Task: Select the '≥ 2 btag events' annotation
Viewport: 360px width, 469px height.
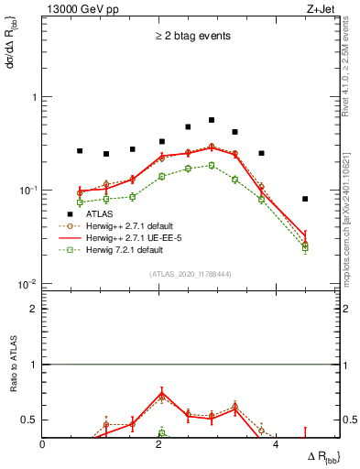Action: point(191,37)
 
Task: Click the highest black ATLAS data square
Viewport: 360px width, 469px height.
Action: point(212,120)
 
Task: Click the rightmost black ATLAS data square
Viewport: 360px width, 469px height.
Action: point(305,199)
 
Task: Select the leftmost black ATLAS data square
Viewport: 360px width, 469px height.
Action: point(80,150)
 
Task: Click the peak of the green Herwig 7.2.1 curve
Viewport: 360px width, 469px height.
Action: point(212,166)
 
